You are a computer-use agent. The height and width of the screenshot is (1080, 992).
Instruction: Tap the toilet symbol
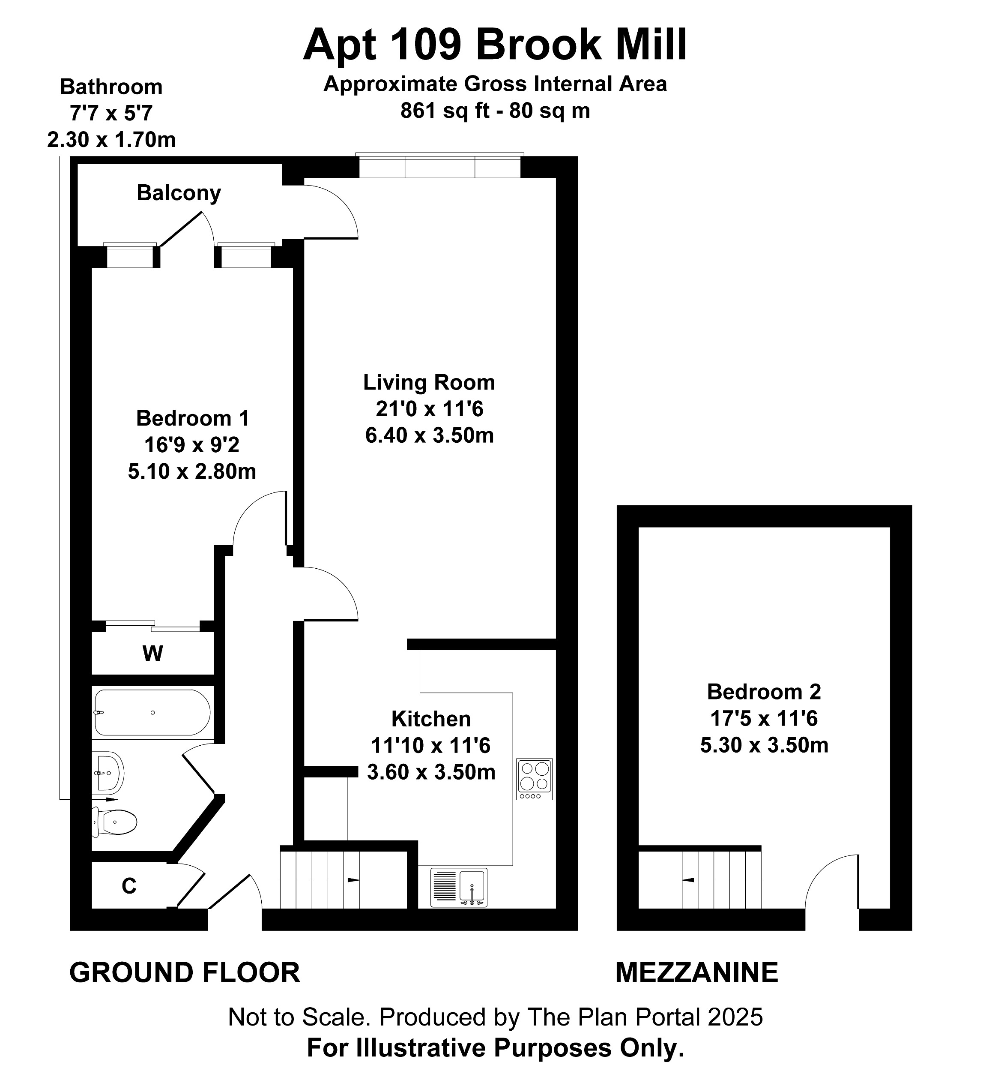pyautogui.click(x=117, y=822)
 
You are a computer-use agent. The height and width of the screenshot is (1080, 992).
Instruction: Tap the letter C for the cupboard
pyautogui.click(x=129, y=886)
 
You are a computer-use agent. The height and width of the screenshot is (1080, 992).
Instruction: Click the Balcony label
pyautogui.click(x=179, y=193)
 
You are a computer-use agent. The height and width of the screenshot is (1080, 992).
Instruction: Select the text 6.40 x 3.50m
pyautogui.click(x=430, y=435)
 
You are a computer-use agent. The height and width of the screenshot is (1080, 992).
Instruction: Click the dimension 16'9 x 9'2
pyautogui.click(x=191, y=445)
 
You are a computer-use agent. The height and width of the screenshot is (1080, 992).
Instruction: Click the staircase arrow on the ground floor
pyautogui.click(x=352, y=880)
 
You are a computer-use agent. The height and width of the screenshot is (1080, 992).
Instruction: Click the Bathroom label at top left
pyautogui.click(x=111, y=87)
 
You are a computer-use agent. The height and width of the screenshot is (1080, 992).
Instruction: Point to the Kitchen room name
pyautogui.click(x=431, y=719)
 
